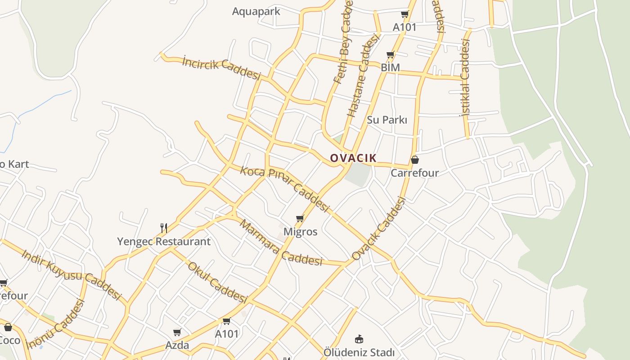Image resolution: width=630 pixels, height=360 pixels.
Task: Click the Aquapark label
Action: pos(256,11)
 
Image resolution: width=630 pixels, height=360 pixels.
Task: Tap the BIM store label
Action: pos(390,67)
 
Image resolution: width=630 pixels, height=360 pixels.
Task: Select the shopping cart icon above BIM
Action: pos(390,55)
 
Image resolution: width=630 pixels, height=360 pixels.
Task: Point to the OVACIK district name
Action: pos(353,158)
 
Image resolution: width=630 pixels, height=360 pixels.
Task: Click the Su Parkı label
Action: pos(387,120)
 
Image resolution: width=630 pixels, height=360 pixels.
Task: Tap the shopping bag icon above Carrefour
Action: pos(415,160)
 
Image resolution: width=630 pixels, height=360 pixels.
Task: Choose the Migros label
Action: pos(300,232)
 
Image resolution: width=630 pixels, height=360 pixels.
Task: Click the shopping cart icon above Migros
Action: pos(300,219)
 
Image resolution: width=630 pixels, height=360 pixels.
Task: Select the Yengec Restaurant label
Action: pos(164,241)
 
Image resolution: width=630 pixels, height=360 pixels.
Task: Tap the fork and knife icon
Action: pos(164,228)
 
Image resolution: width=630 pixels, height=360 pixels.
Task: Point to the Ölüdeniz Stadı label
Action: pos(359,352)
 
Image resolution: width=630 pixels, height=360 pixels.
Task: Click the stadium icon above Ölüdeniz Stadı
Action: pos(359,339)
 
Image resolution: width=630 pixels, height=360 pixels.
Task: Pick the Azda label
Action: pos(177,345)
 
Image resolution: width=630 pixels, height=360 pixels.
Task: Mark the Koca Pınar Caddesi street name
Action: pos(284,189)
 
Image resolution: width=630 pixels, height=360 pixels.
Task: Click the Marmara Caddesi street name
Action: pos(281,243)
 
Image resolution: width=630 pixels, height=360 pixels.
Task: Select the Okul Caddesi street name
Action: pos(218,283)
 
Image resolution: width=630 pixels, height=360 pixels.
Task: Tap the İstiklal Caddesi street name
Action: pos(465,77)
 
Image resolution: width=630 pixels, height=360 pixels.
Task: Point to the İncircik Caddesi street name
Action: pos(221,68)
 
